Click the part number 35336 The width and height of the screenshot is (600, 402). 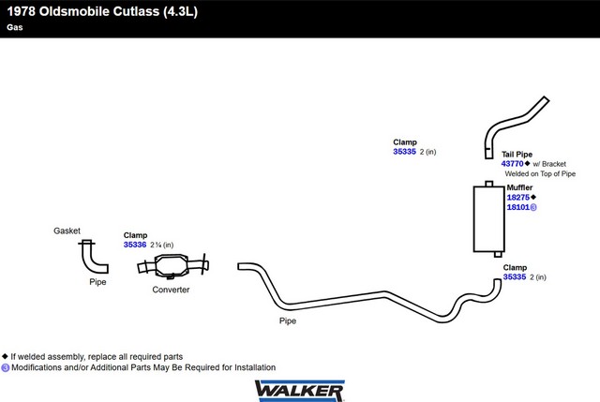[x=135, y=245]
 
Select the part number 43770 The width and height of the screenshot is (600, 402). [x=512, y=164]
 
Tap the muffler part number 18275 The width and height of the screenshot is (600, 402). [x=518, y=198]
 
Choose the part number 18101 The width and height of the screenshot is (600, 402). [x=518, y=207]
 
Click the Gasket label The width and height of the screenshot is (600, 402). [x=67, y=231]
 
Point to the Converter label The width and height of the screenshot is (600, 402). [x=171, y=290]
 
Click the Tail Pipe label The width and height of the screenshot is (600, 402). [x=517, y=154]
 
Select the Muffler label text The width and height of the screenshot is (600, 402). [x=519, y=187]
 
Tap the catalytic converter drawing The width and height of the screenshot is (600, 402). [x=172, y=265]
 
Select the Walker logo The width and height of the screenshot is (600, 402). [x=300, y=391]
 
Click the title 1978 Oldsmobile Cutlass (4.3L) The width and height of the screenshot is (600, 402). [x=102, y=11]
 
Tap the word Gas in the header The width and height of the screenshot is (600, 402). [x=15, y=27]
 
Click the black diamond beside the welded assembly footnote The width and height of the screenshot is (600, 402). [x=5, y=356]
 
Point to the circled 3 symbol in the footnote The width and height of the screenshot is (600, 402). [x=6, y=367]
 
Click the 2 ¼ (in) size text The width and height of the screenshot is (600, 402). [x=162, y=245]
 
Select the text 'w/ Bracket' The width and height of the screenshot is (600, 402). [x=549, y=164]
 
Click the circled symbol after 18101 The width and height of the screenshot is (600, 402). [x=533, y=207]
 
